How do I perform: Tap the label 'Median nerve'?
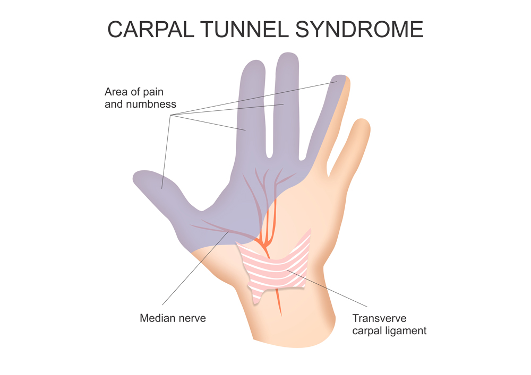[173, 318]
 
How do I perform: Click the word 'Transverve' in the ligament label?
[379, 319]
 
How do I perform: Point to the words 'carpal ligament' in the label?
[389, 331]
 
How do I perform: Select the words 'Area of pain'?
[133, 92]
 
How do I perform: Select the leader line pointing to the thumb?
[166, 154]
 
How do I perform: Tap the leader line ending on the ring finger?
[255, 99]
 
